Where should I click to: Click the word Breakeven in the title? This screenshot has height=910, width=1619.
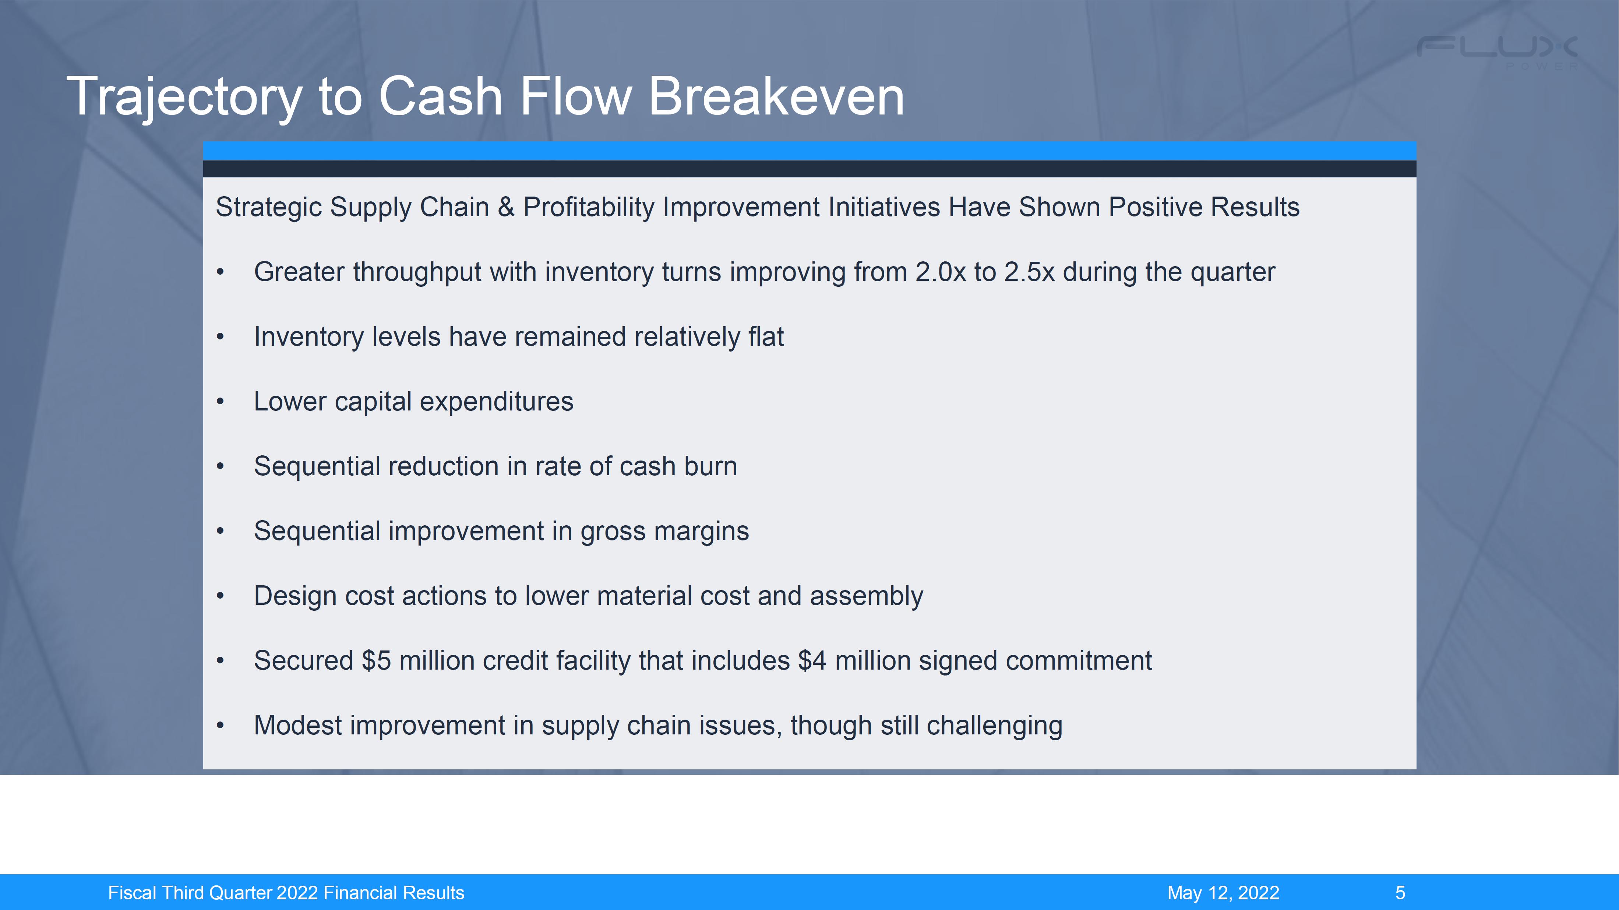776,96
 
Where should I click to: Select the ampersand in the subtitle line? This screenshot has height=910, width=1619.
506,207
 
